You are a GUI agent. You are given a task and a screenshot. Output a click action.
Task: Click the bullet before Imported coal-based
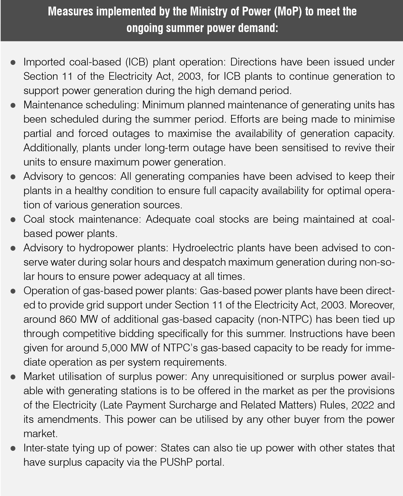pos(13,62)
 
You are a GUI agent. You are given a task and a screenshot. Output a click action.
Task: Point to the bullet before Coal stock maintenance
pos(13,220)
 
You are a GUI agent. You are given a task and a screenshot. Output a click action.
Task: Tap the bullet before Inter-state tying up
pos(13,448)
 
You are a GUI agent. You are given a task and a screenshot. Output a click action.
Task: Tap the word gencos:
pos(98,177)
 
